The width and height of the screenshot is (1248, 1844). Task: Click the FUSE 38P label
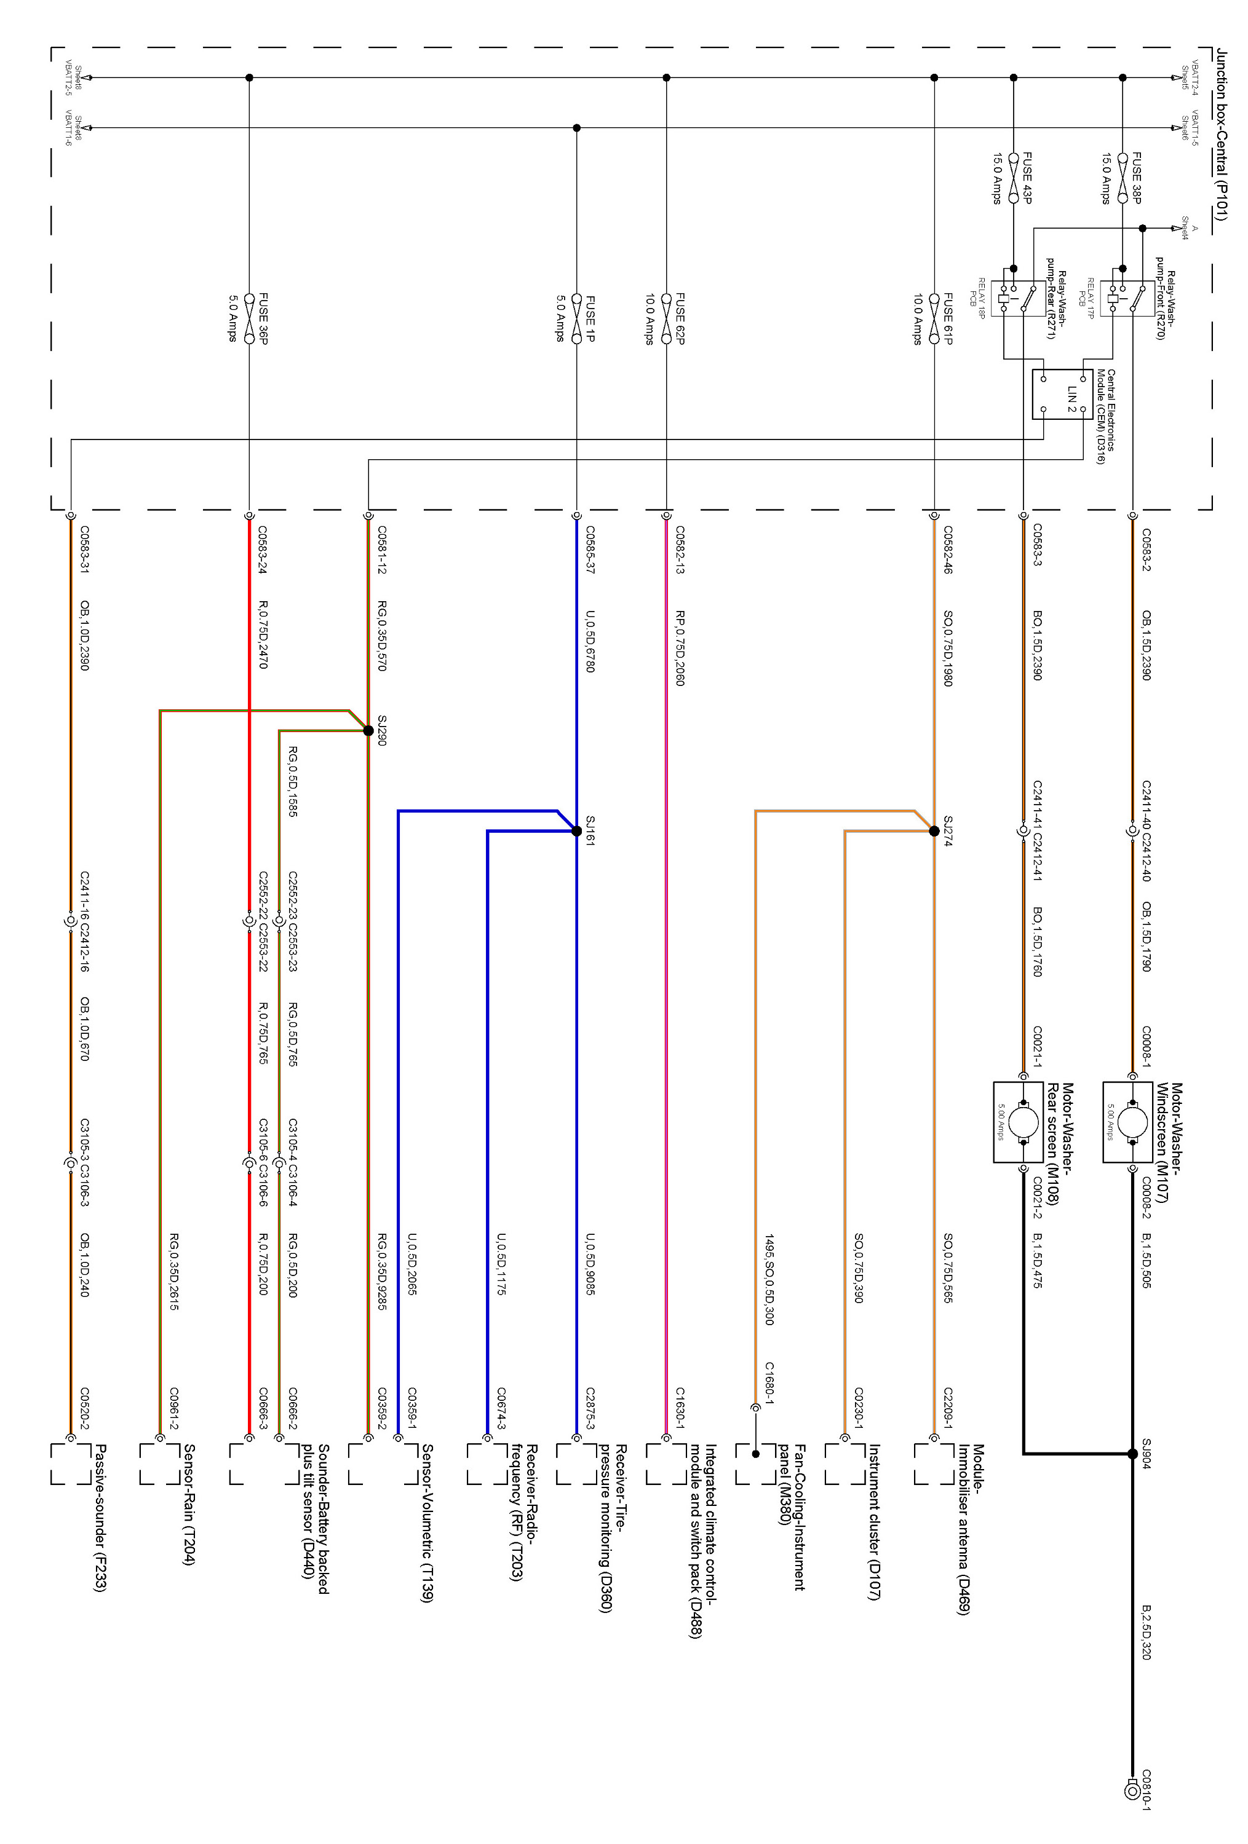[x=1136, y=178]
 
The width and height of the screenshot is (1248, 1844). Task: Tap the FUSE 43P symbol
[x=1013, y=178]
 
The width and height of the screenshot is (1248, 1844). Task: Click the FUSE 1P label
[x=589, y=319]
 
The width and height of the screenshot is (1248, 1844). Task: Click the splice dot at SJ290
[x=368, y=731]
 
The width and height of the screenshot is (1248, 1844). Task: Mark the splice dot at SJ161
[x=577, y=831]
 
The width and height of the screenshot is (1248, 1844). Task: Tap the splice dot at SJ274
[x=934, y=831]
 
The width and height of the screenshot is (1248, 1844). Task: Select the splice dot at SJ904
[x=1133, y=1454]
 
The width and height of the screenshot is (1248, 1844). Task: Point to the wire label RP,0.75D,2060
[x=680, y=647]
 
